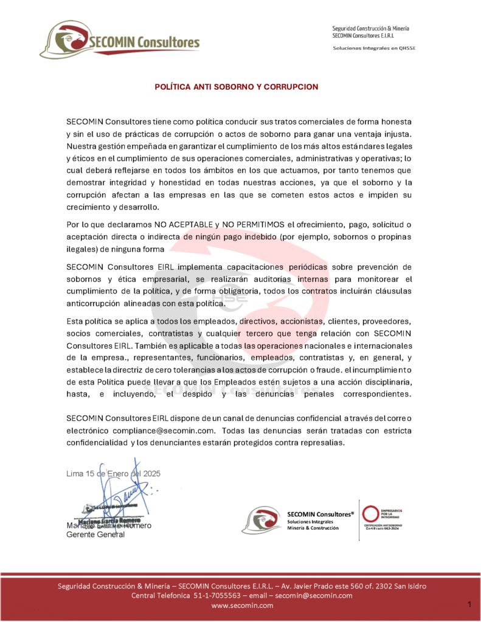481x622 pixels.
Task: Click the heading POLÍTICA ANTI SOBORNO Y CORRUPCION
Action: [236, 87]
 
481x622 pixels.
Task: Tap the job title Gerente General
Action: [95, 535]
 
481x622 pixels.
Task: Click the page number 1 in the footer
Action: [469, 604]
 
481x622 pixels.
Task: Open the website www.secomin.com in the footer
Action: [242, 606]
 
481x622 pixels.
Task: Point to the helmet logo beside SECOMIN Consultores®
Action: [261, 521]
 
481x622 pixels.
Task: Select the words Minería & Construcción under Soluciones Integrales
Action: [314, 528]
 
